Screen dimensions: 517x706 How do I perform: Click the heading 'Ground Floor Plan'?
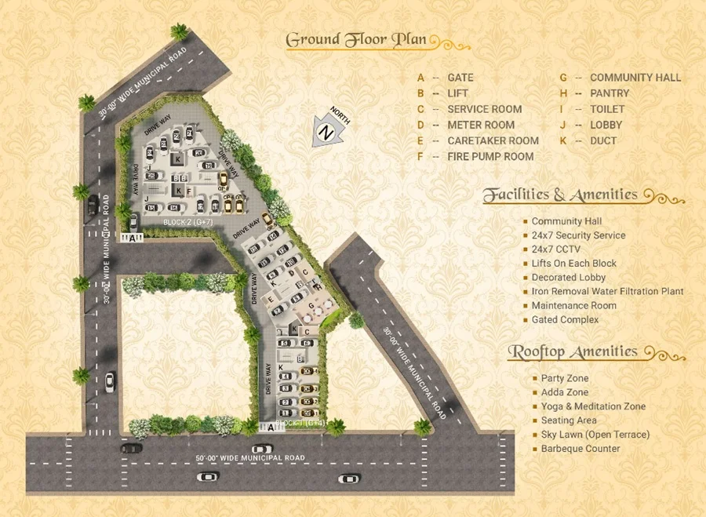coord(356,39)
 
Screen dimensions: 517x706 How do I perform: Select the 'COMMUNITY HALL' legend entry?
coord(635,78)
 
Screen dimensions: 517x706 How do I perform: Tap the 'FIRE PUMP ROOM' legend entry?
coord(490,156)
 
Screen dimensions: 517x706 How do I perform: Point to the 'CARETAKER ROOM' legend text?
coord(493,140)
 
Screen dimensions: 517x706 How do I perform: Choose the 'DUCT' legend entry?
coord(603,140)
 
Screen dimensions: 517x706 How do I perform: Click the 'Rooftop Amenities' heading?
coord(573,351)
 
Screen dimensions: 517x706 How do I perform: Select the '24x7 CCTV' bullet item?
coord(558,249)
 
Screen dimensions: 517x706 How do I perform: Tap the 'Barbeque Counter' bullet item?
coord(580,449)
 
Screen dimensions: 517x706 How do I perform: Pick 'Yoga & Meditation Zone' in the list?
coord(593,406)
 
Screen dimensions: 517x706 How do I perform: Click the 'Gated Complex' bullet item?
coord(565,320)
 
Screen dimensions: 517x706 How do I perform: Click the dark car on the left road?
coord(93,205)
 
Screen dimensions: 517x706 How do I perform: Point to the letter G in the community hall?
coord(311,304)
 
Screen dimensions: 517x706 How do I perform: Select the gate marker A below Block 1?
coord(271,428)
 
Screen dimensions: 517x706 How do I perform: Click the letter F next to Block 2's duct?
coord(188,191)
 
